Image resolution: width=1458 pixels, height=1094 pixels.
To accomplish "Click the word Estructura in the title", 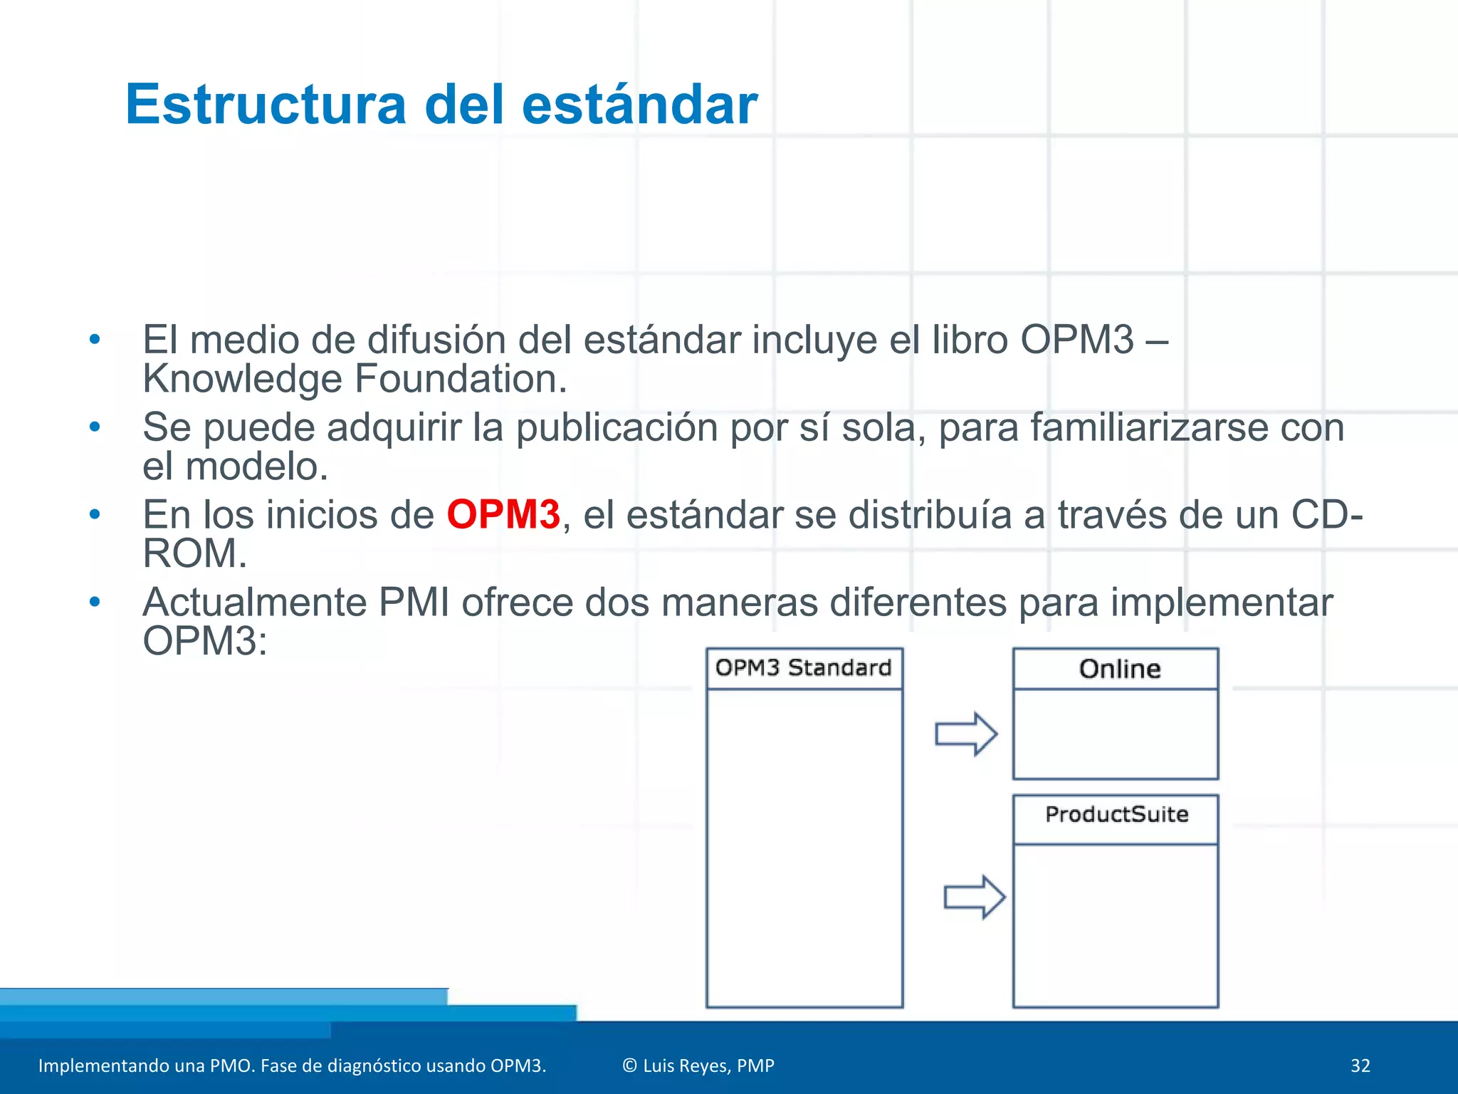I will point(265,105).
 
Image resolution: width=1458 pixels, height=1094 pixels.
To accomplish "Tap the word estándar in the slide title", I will point(639,105).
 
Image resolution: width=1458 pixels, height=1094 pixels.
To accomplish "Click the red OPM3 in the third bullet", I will point(503,514).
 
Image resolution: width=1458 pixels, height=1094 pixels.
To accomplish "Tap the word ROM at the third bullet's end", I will point(194,553).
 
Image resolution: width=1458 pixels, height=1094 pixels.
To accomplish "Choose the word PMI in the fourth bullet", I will point(414,603).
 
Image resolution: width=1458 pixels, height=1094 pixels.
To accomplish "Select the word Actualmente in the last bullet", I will point(254,603).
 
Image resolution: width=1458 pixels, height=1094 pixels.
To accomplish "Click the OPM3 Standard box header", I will point(804,668).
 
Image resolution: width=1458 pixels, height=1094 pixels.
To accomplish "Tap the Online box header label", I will point(1119,670).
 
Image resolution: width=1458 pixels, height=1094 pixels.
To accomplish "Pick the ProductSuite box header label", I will point(1116,814).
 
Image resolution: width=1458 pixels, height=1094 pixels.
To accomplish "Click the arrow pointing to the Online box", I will point(966,734).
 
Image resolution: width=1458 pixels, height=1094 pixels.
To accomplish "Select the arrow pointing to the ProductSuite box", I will point(975,897).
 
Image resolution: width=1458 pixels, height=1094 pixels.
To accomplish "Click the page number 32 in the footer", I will point(1360,1066).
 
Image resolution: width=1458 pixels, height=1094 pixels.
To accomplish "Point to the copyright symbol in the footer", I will point(629,1066).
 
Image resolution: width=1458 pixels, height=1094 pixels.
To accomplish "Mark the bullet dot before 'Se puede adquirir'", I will point(95,427).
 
